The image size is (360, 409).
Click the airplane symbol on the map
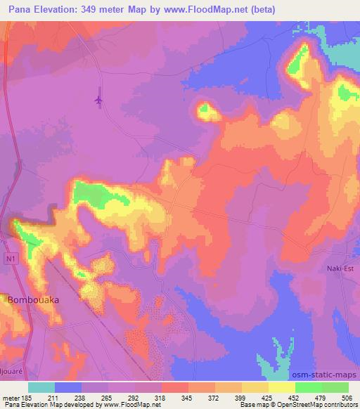(x=98, y=101)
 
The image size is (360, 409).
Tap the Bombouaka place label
(x=33, y=299)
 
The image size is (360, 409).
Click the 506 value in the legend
(x=347, y=397)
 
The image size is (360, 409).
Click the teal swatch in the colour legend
(x=41, y=387)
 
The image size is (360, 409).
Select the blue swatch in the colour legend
(x=68, y=387)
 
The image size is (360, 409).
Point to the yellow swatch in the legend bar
(x=282, y=387)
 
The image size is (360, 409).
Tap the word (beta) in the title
(x=262, y=9)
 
